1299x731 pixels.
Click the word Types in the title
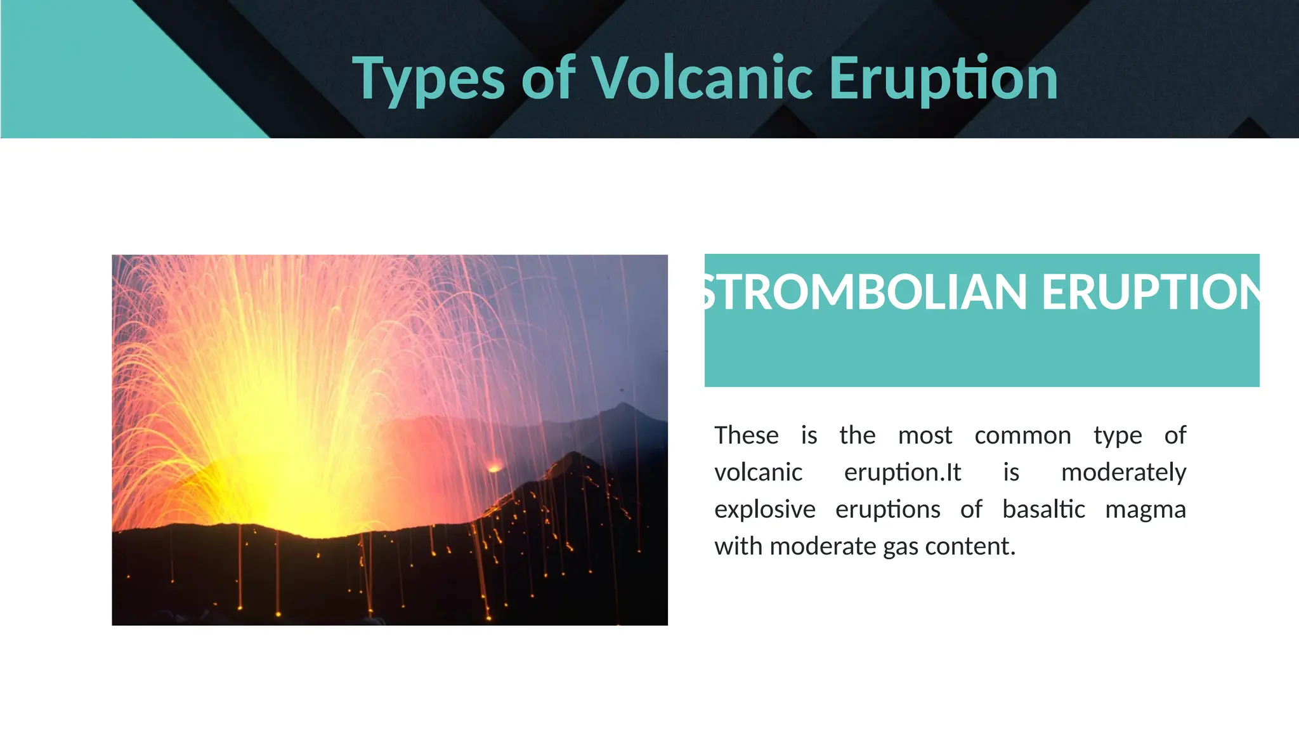pyautogui.click(x=428, y=79)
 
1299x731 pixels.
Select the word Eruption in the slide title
pyautogui.click(x=943, y=79)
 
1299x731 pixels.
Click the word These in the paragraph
pyautogui.click(x=746, y=436)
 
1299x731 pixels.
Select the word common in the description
pyautogui.click(x=1022, y=436)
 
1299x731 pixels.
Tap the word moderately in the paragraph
pyautogui.click(x=1123, y=473)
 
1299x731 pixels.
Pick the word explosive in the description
pyautogui.click(x=765, y=510)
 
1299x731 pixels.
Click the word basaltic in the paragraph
pyautogui.click(x=1043, y=510)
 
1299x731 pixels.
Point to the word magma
pyautogui.click(x=1145, y=510)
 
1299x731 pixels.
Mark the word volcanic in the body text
pyautogui.click(x=758, y=473)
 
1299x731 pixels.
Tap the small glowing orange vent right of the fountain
pyautogui.click(x=494, y=468)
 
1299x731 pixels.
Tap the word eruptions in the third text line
pyautogui.click(x=887, y=510)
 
